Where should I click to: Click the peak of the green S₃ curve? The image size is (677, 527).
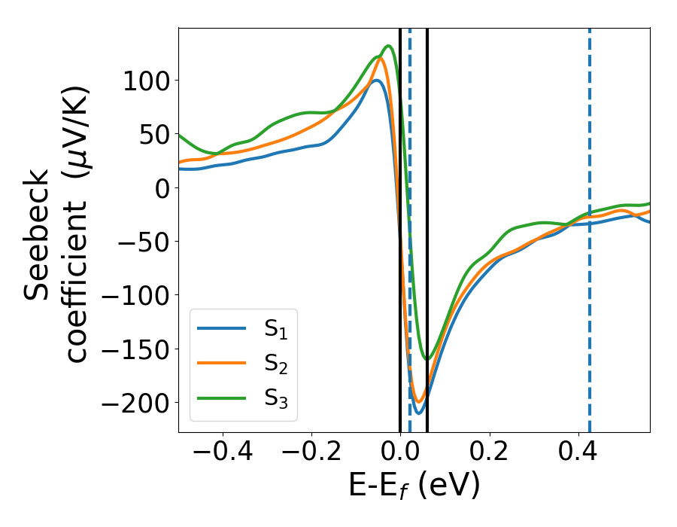coord(389,46)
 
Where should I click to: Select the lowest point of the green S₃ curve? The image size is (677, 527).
coord(427,359)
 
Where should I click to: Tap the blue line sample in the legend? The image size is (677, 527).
coord(222,328)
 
